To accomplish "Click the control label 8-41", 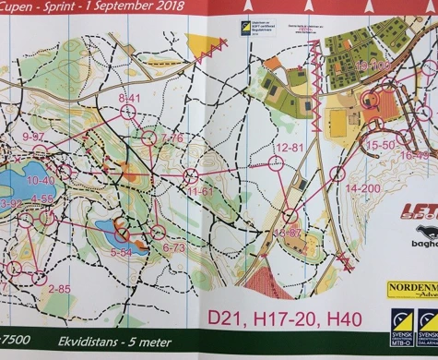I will (128, 97).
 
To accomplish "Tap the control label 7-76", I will (172, 138).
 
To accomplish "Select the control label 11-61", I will (200, 191).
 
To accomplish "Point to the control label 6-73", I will (173, 247).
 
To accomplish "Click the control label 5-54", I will (122, 250).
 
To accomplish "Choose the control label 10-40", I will (41, 181).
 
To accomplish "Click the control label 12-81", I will (290, 148).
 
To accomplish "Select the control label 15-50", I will (380, 145).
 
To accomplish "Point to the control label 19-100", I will (373, 66).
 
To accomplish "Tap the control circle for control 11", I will (191, 175).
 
